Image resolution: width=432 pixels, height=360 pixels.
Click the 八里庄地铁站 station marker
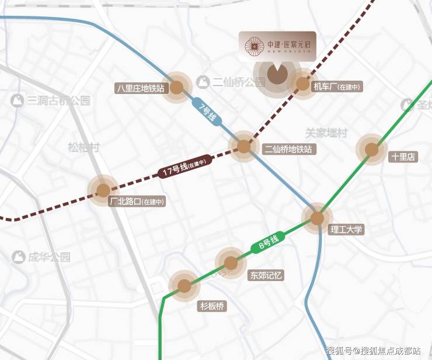(x=176, y=88)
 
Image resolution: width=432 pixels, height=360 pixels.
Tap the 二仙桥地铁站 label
(x=288, y=150)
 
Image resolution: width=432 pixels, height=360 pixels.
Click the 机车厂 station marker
(x=303, y=84)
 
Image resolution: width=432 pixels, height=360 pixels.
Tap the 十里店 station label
(x=403, y=157)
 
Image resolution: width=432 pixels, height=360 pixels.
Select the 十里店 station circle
(x=372, y=150)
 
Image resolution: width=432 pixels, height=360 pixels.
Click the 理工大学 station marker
(x=317, y=219)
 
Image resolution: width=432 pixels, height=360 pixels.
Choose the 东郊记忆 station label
(x=266, y=275)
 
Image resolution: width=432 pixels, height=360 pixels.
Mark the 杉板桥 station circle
(x=184, y=286)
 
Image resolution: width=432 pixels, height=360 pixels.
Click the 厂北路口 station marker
(x=103, y=190)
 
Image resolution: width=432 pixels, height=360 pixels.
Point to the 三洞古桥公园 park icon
(x=18, y=100)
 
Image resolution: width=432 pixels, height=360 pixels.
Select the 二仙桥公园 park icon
(x=203, y=82)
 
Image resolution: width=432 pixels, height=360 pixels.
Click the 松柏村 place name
(x=83, y=147)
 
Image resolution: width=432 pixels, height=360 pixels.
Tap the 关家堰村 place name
(x=326, y=133)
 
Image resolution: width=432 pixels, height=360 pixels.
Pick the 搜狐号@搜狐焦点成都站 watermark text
(x=373, y=351)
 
